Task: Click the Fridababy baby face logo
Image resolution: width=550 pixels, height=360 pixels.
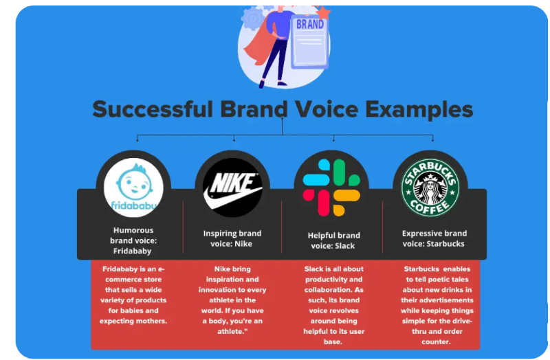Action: (x=133, y=182)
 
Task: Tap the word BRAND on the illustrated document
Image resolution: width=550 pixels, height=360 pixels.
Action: (x=309, y=24)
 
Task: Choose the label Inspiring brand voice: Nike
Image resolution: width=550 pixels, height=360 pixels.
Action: (x=232, y=238)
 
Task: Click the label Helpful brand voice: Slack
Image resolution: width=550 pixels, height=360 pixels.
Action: (x=331, y=240)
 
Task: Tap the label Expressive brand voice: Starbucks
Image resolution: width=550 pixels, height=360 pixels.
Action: (x=434, y=238)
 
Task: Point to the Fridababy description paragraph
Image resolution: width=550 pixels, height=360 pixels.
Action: (x=133, y=295)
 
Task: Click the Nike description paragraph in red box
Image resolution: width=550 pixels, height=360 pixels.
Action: (x=233, y=300)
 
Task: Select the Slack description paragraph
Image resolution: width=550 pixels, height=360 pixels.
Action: (x=333, y=305)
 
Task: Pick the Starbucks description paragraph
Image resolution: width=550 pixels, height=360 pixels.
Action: (x=437, y=305)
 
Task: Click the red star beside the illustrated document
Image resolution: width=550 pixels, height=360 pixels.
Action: (x=324, y=12)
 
